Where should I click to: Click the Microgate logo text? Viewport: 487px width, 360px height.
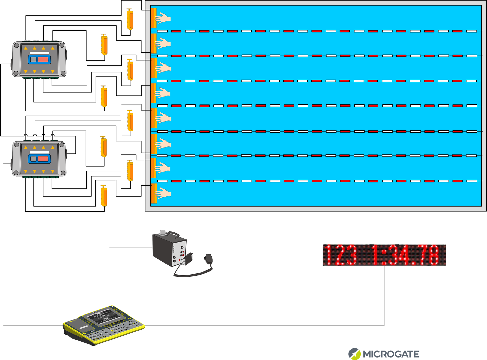[x=391, y=354]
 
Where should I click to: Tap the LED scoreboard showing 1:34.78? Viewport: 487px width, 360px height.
[x=384, y=255]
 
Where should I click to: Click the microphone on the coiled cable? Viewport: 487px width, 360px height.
[x=209, y=259]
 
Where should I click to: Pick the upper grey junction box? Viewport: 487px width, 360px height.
[x=39, y=60]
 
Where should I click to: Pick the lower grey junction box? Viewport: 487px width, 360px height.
[x=39, y=159]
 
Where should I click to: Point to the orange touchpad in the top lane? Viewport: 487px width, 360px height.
[x=153, y=19]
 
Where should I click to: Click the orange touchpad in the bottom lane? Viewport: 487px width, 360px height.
[x=153, y=194]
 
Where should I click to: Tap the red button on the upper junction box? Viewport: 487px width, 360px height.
[x=43, y=60]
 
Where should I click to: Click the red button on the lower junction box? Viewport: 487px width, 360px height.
[x=43, y=159]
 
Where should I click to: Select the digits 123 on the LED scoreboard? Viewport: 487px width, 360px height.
[x=340, y=255]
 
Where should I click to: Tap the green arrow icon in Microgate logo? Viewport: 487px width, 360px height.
[x=354, y=354]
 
